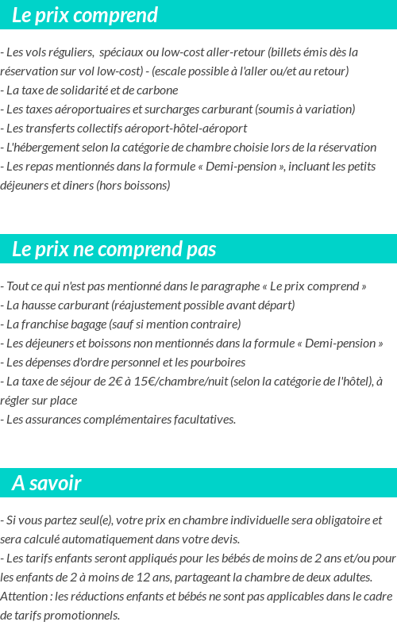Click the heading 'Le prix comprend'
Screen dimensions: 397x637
click(x=85, y=15)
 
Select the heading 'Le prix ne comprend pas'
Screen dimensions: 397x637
click(x=114, y=249)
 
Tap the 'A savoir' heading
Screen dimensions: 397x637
click(x=47, y=483)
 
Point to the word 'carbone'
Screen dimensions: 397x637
click(x=158, y=90)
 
